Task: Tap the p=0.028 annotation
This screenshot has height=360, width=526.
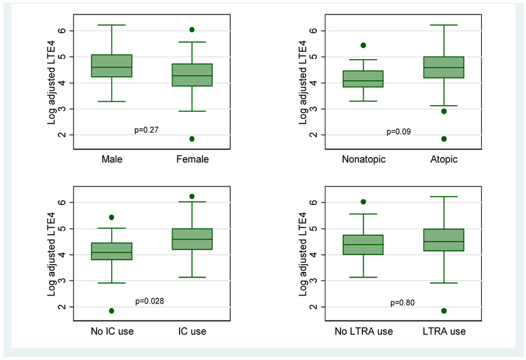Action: click(150, 302)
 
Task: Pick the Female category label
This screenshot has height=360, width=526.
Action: click(192, 160)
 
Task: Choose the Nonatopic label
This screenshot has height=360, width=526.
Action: click(364, 160)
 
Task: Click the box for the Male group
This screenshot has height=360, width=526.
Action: click(112, 66)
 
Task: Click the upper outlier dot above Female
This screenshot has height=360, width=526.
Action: click(192, 30)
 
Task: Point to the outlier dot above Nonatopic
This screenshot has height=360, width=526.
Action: click(364, 45)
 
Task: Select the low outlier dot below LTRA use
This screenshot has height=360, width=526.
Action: click(444, 311)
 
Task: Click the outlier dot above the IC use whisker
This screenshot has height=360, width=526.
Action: click(192, 196)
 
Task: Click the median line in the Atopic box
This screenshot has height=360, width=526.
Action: click(444, 68)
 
